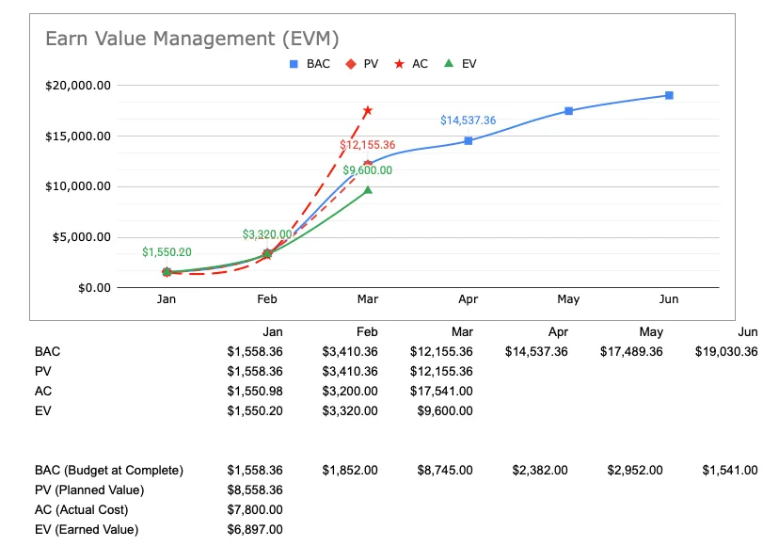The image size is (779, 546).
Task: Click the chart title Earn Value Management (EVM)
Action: click(192, 39)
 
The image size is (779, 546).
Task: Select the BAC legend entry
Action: click(310, 64)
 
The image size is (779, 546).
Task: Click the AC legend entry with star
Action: click(411, 64)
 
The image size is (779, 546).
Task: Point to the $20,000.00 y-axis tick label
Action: click(78, 86)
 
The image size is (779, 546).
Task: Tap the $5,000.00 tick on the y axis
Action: click(82, 236)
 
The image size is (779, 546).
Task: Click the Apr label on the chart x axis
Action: click(468, 299)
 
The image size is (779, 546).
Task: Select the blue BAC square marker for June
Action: click(669, 95)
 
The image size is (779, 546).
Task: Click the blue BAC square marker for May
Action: click(568, 111)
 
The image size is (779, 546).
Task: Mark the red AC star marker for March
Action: click(368, 110)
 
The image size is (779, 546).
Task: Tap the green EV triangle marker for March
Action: click(368, 190)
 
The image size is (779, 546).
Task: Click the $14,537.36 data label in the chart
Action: click(468, 120)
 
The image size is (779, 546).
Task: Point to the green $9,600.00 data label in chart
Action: click(367, 170)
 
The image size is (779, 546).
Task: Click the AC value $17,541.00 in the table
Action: click(441, 391)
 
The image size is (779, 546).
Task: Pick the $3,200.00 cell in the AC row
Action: click(349, 391)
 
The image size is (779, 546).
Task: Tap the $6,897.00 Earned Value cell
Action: click(254, 529)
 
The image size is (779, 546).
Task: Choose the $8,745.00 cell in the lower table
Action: click(444, 470)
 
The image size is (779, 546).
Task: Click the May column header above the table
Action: click(651, 331)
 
